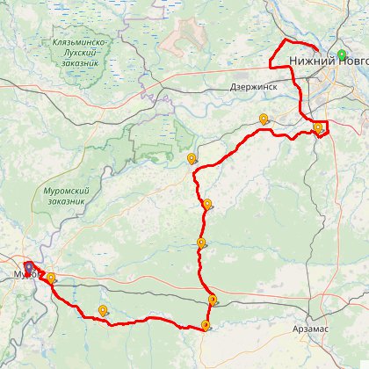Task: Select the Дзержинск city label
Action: (x=252, y=87)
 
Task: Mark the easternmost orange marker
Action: (x=317, y=127)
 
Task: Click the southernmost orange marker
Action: (x=206, y=325)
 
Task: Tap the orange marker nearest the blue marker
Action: (x=51, y=278)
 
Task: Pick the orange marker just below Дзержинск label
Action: (x=263, y=119)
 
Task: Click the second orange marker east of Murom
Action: (x=104, y=309)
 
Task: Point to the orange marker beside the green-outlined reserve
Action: (x=192, y=158)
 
